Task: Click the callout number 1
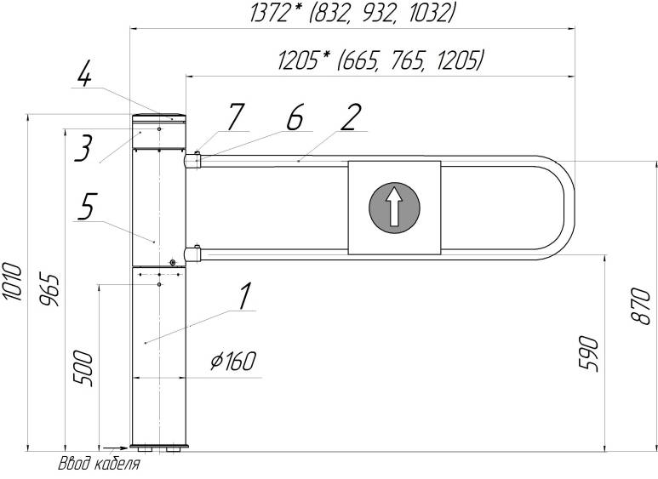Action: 245,296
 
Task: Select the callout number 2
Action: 351,117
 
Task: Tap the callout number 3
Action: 83,148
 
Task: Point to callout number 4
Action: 84,73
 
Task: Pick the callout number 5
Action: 87,207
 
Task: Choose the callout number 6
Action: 295,117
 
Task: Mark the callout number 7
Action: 235,117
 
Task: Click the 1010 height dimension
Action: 12,282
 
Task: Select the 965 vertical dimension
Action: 49,291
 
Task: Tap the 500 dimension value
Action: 83,368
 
